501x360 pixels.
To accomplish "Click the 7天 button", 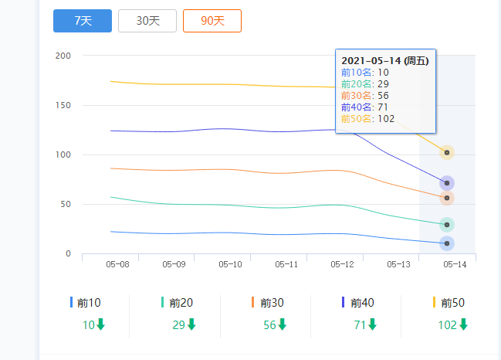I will (83, 21).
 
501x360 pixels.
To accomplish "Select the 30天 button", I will (147, 21).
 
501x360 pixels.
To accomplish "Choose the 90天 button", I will (212, 21).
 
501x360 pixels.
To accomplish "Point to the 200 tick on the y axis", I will (63, 56).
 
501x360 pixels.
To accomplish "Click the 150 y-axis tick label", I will (63, 105).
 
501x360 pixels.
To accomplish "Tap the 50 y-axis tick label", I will (66, 205).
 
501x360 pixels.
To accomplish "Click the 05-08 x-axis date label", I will (117, 264).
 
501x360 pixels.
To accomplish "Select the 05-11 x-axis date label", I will (286, 264).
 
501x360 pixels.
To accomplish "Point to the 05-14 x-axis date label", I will (455, 264).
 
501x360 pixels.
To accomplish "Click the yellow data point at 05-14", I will (447, 153).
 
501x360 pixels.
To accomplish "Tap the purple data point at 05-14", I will (447, 183).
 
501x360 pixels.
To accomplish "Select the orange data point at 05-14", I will (447, 199).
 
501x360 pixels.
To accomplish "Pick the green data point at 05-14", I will (447, 225).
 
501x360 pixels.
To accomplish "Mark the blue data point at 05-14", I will (447, 243).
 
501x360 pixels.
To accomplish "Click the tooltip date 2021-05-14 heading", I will (384, 60).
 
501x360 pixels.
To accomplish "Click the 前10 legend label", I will (90, 303).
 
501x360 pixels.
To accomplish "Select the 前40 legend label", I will (362, 303).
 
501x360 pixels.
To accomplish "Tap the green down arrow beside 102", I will (464, 324).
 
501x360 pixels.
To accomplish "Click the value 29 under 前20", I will (178, 325).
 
